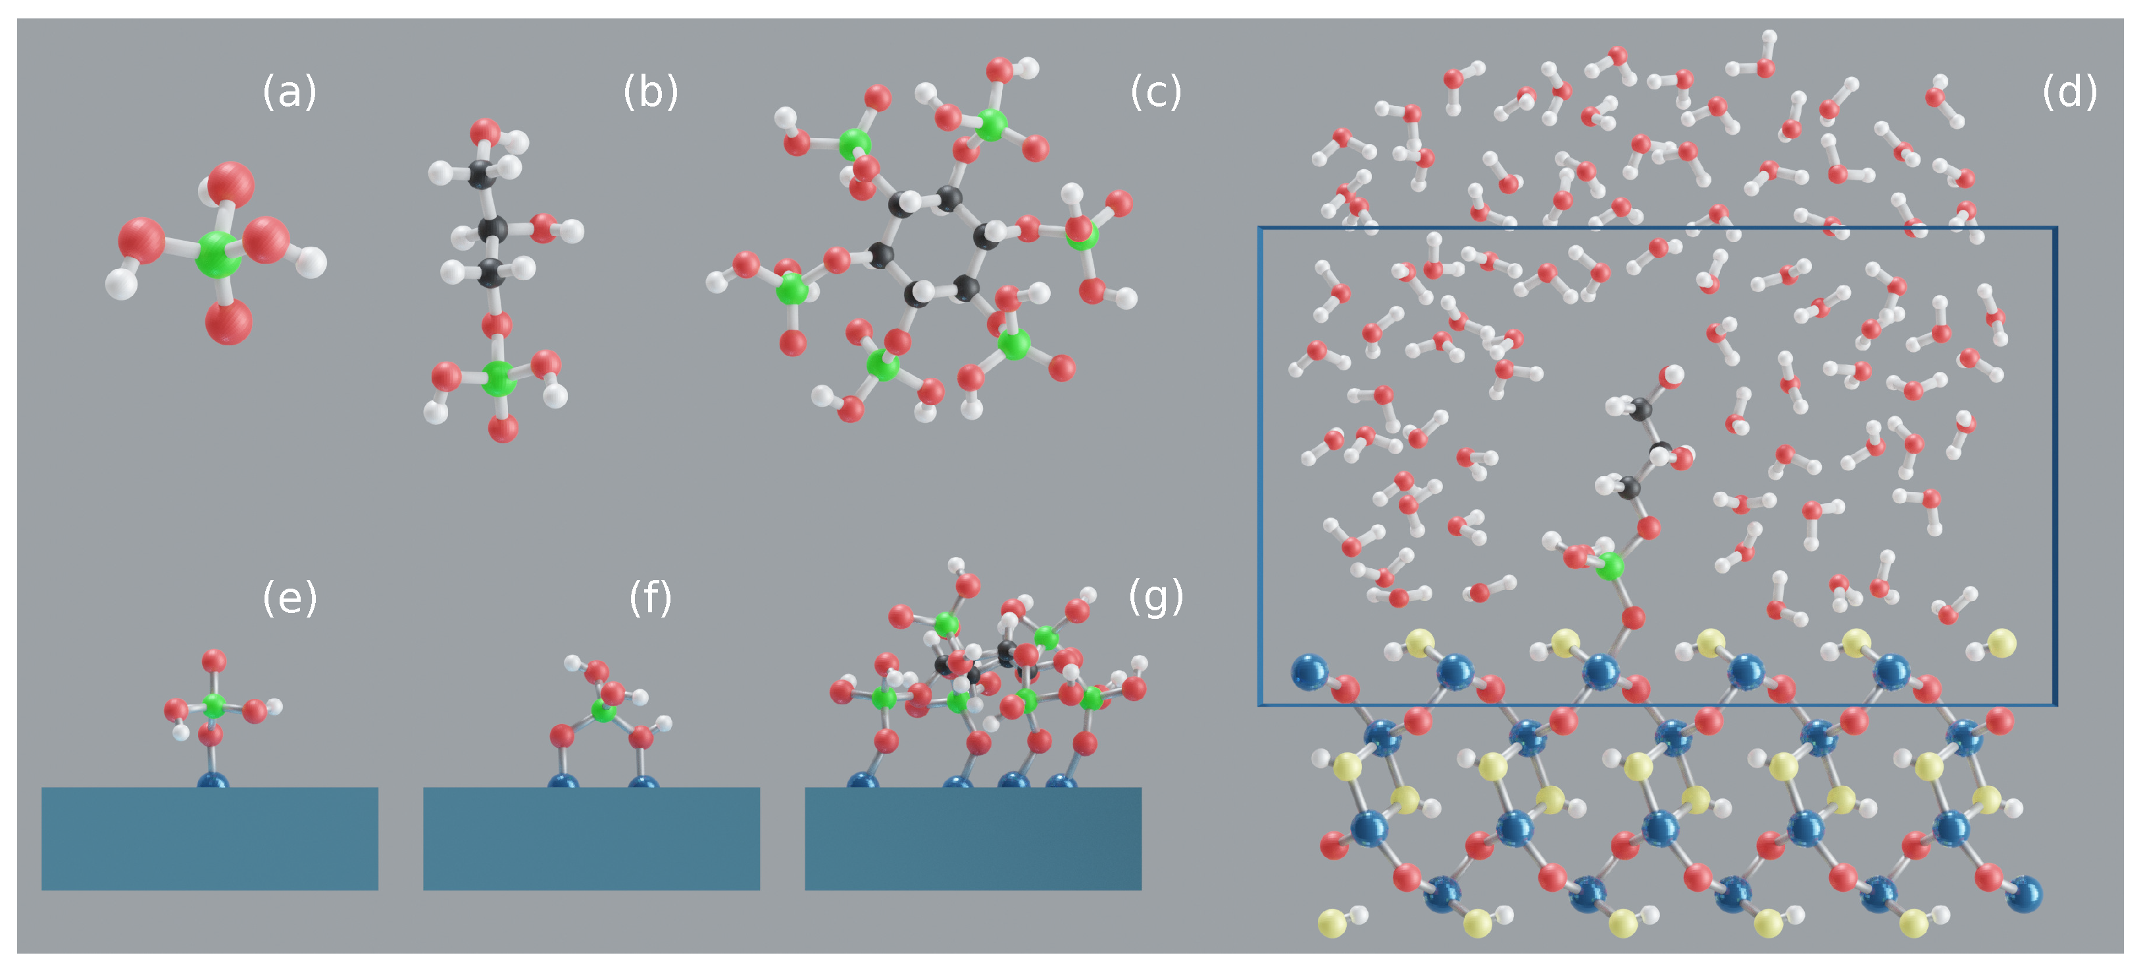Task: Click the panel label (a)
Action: [x=290, y=91]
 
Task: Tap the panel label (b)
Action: [x=651, y=91]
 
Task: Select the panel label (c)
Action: [x=1155, y=91]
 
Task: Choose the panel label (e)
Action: [x=290, y=597]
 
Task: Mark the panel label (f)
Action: [x=651, y=597]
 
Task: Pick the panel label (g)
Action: [x=1155, y=597]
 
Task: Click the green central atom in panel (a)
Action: [x=218, y=254]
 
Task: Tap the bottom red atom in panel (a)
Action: [x=229, y=321]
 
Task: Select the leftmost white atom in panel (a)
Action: [x=122, y=283]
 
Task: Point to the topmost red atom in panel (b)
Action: [x=485, y=132]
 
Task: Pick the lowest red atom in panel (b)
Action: [x=503, y=429]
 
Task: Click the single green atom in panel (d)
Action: [x=1610, y=566]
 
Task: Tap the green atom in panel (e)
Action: [x=214, y=705]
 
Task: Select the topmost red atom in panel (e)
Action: [x=214, y=661]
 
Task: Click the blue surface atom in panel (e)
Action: [x=213, y=782]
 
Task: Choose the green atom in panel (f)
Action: [x=603, y=711]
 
